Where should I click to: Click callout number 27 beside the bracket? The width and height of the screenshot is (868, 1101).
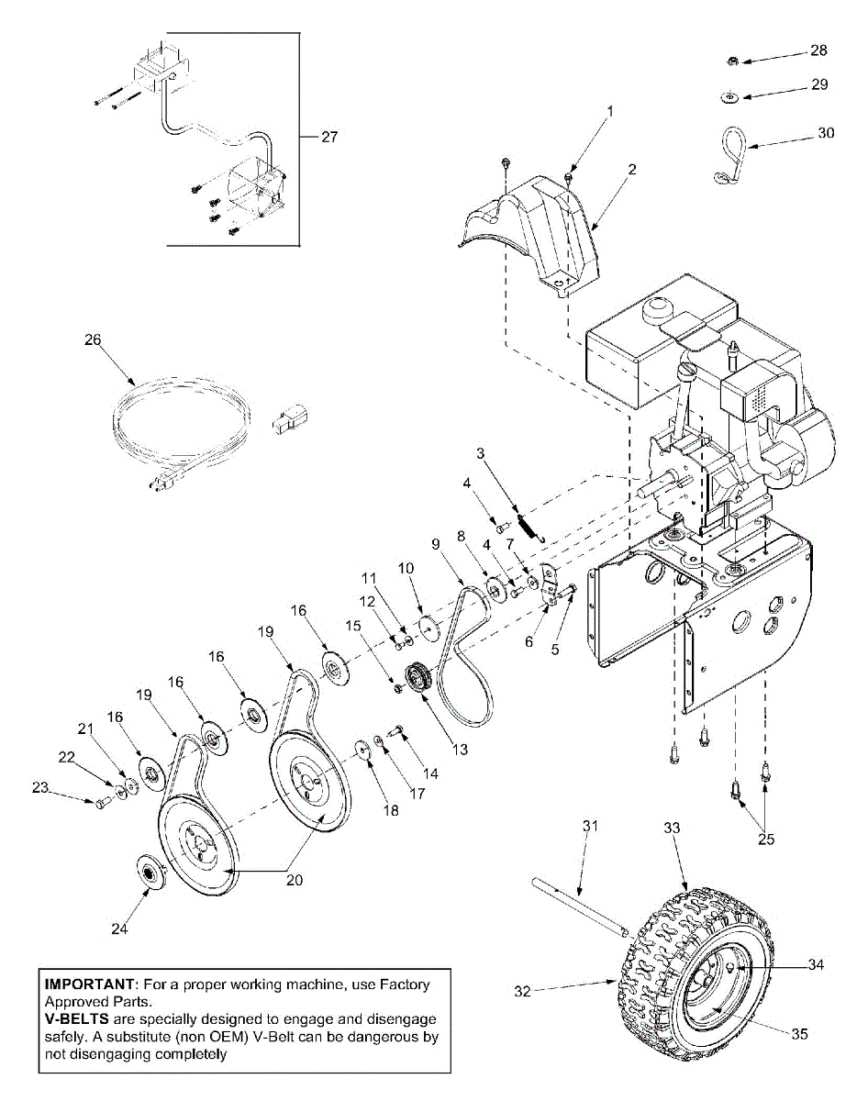328,137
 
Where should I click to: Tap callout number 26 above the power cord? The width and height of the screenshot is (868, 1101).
93,339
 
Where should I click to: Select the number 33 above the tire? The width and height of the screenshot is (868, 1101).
672,828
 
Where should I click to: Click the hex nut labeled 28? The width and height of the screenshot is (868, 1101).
733,61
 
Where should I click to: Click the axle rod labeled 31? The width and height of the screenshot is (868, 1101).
577,909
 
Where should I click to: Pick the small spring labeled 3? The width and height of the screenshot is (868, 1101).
527,526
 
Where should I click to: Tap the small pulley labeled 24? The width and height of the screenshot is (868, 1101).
149,871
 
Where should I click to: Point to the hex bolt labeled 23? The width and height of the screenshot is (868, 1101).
99,804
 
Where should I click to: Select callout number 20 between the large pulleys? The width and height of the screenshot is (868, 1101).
293,878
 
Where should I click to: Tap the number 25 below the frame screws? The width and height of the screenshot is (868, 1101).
762,837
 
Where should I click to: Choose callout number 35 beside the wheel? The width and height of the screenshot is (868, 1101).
800,1033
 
